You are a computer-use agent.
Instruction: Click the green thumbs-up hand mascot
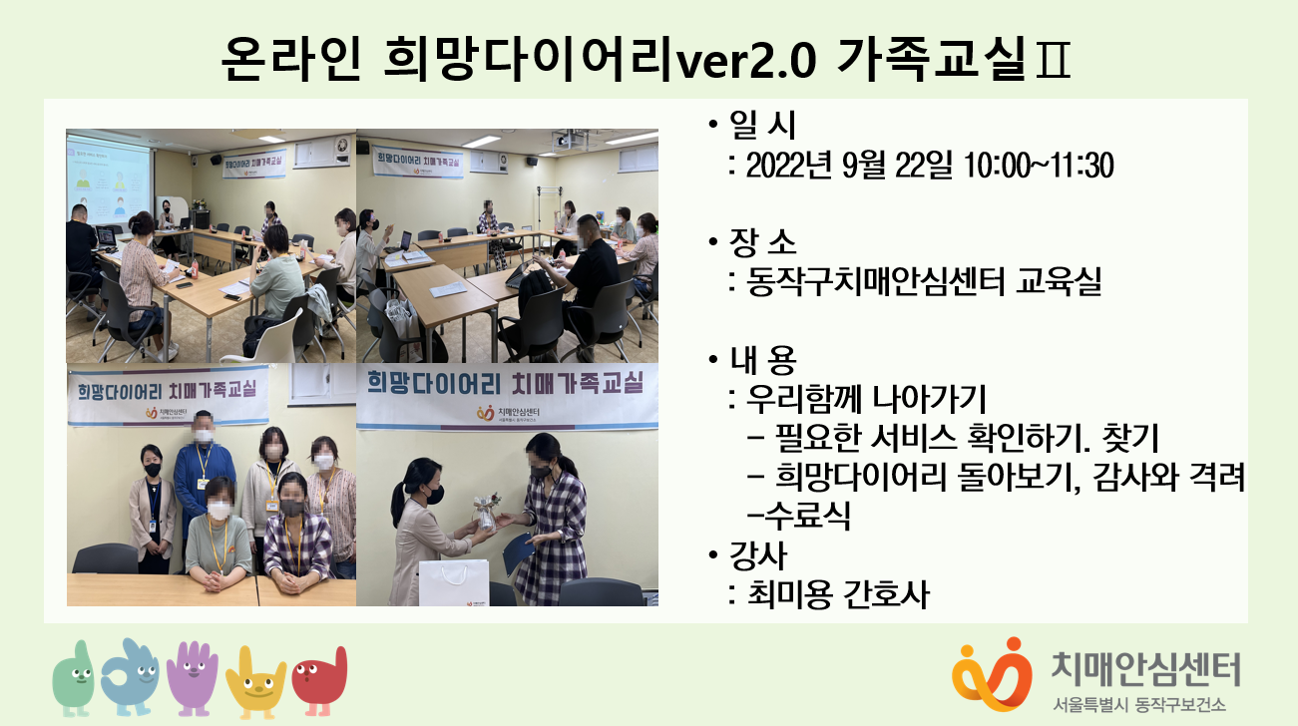tap(74, 678)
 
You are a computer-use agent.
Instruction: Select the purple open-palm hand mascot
tap(193, 678)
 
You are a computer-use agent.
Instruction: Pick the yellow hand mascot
tap(255, 682)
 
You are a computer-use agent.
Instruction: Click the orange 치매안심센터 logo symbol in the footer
tap(992, 674)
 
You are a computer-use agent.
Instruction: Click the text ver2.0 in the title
tap(747, 60)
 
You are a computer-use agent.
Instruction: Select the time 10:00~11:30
tap(1039, 166)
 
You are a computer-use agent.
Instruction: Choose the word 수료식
tap(807, 515)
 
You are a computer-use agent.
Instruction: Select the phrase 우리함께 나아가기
tap(865, 399)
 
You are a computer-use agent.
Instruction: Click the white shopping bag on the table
tap(454, 581)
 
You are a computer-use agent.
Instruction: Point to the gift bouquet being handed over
tap(485, 511)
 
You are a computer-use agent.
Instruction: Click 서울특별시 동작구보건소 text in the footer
tap(1139, 704)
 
